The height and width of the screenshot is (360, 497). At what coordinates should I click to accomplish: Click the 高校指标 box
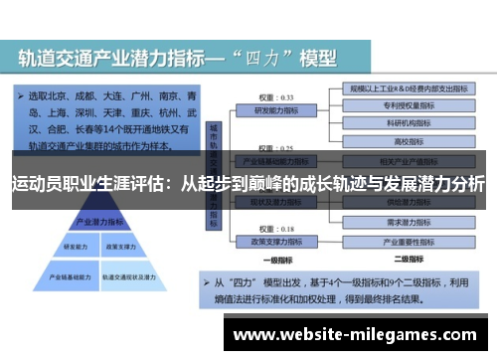[x=406, y=141]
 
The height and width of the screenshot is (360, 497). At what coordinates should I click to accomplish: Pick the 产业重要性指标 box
[x=407, y=240]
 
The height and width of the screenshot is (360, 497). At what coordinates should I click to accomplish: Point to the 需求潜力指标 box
[x=407, y=222]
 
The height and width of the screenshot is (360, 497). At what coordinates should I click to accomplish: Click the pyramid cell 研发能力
[x=76, y=246]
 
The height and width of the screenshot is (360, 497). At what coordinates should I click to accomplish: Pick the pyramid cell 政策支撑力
[x=118, y=246]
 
